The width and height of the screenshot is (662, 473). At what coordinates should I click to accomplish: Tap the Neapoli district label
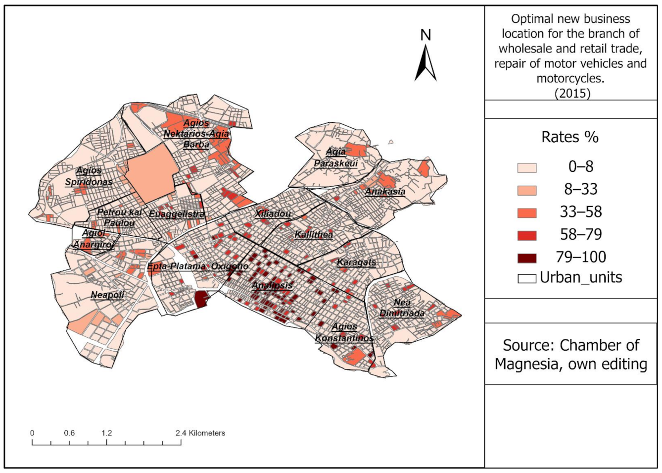[107, 295]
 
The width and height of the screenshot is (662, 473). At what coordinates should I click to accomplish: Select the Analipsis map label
[272, 286]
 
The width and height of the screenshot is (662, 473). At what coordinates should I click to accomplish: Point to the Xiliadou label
[273, 214]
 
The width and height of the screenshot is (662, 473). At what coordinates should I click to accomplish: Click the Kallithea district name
[314, 234]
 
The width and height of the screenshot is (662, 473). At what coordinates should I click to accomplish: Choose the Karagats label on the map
[356, 262]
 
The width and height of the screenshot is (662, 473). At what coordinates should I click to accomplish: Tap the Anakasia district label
[385, 192]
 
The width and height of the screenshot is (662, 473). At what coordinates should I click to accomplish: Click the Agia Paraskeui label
[335, 158]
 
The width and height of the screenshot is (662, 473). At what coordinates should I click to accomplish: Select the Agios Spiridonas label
[89, 176]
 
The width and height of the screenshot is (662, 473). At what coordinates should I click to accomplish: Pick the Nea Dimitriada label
[402, 308]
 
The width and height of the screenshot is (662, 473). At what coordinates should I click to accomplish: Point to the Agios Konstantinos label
[344, 332]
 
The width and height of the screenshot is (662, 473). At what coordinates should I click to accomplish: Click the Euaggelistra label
[177, 214]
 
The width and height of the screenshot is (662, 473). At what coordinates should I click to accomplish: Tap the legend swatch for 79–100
[527, 258]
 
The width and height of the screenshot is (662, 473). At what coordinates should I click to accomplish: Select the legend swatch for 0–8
[527, 167]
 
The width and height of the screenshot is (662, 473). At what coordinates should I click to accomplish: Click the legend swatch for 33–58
[527, 212]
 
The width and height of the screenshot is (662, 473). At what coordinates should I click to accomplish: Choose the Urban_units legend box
[527, 278]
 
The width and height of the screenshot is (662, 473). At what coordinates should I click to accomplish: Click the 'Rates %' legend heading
[570, 137]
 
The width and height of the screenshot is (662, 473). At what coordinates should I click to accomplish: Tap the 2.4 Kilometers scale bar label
[200, 433]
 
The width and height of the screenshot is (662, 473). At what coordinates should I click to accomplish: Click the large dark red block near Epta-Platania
[200, 300]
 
